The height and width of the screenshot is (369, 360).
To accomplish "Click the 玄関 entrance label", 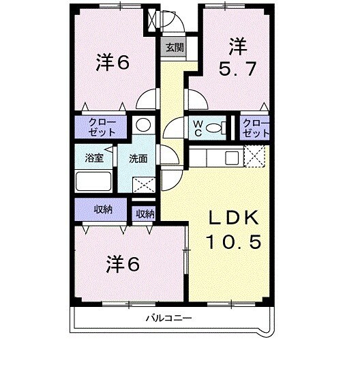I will (x=174, y=48).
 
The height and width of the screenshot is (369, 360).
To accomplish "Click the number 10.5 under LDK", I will (x=234, y=241).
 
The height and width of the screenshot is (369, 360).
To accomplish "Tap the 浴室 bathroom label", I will (x=94, y=158).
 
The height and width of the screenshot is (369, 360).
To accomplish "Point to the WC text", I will (x=196, y=127).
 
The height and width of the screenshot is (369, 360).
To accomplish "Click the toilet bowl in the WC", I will (x=215, y=127).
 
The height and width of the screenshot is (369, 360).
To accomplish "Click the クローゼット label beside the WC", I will (x=256, y=127).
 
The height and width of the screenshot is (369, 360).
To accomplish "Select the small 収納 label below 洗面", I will (x=145, y=213).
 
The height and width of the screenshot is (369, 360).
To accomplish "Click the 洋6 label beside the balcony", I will (x=123, y=263).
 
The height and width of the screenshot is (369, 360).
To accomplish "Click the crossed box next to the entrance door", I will (x=150, y=20).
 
